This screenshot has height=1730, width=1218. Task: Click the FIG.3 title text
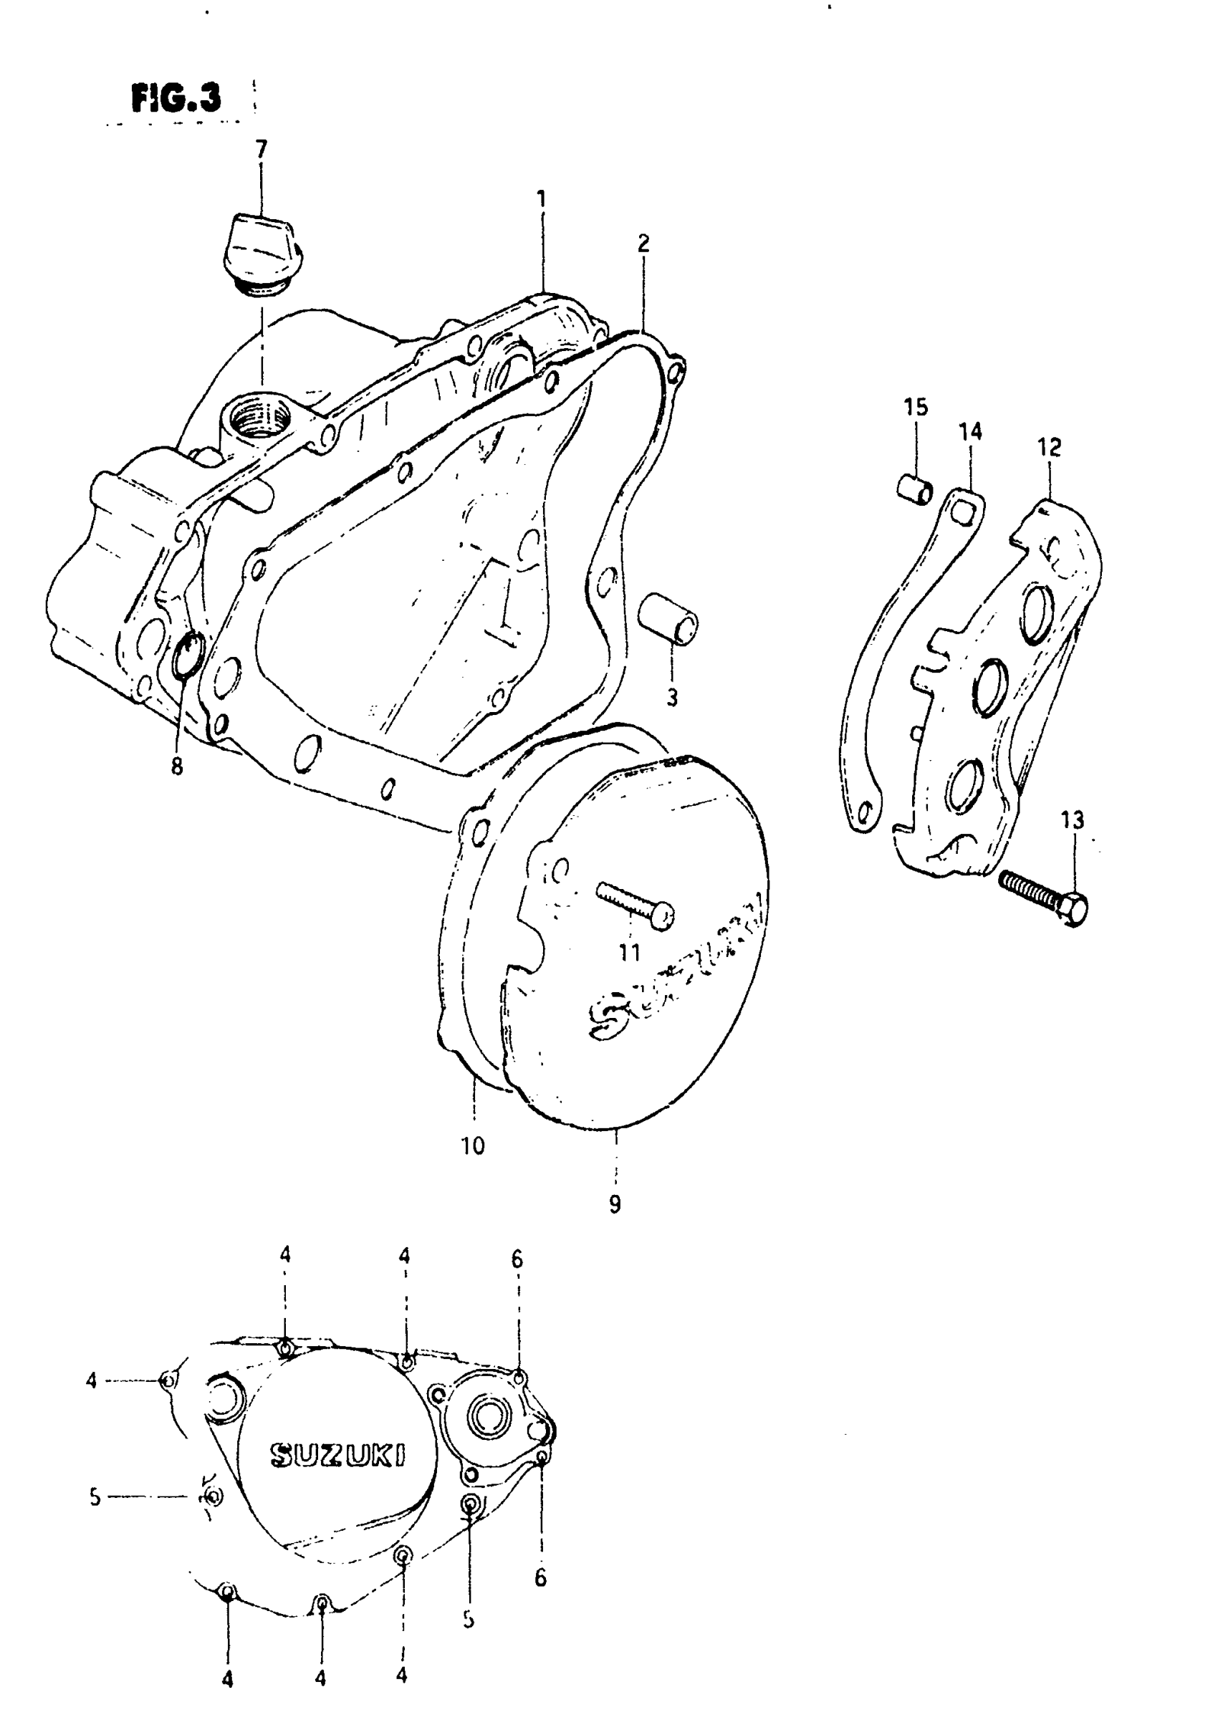click(x=176, y=98)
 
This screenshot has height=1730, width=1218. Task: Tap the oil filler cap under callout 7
click(x=259, y=253)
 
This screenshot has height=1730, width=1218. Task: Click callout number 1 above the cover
click(x=541, y=199)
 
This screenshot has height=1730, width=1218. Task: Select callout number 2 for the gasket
click(x=643, y=244)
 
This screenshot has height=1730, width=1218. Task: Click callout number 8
click(x=176, y=767)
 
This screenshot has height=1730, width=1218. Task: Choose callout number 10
click(x=473, y=1146)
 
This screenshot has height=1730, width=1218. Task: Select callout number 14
click(x=970, y=432)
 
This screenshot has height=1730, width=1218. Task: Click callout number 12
click(x=1049, y=448)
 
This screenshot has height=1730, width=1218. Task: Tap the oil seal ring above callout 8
click(x=188, y=653)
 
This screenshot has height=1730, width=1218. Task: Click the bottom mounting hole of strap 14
click(x=863, y=812)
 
